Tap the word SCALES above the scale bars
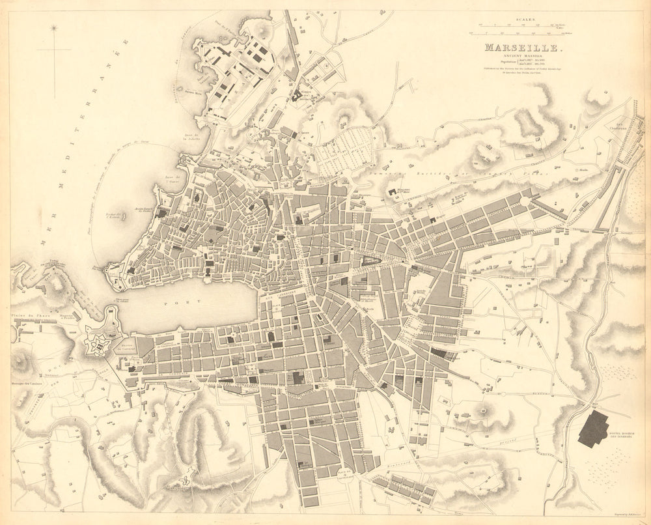(x=525, y=20)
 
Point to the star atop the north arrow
(x=54, y=28)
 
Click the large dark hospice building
(x=593, y=430)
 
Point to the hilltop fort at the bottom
(x=187, y=479)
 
